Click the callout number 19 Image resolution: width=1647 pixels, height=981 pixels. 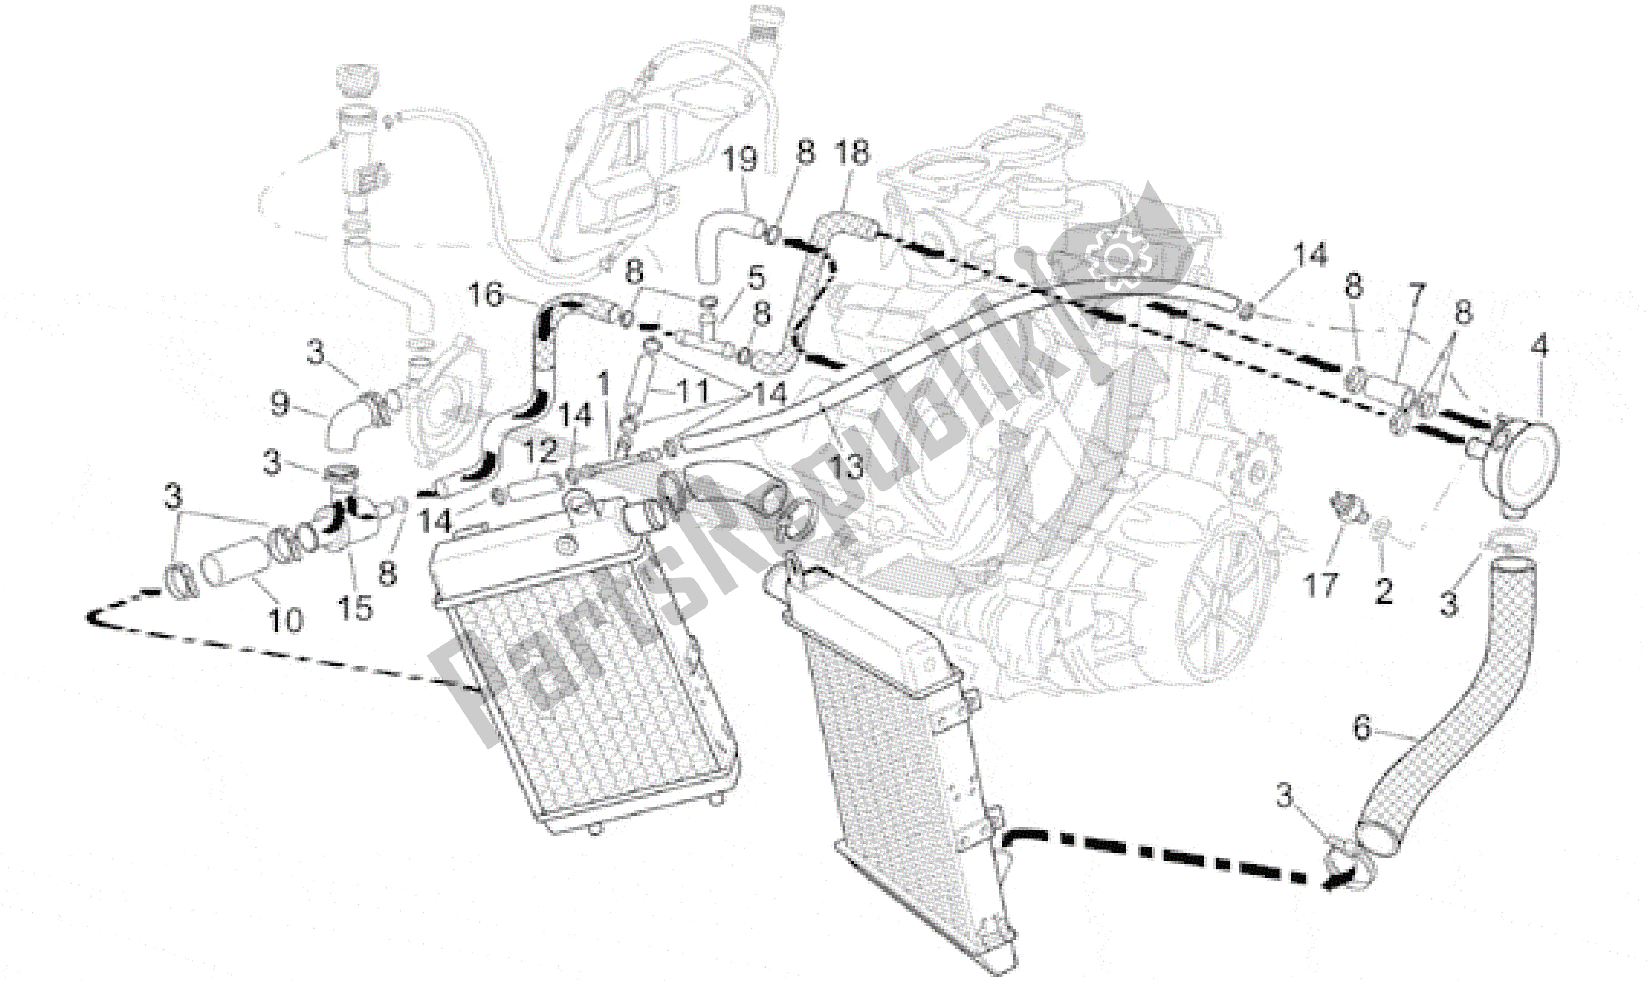click(739, 160)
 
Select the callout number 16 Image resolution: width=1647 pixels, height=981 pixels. click(486, 294)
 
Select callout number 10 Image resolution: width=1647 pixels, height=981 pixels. click(286, 620)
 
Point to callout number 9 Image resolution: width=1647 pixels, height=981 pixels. click(280, 403)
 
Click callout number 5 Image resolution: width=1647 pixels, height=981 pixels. click(756, 278)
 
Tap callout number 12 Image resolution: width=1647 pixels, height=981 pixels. click(541, 451)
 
